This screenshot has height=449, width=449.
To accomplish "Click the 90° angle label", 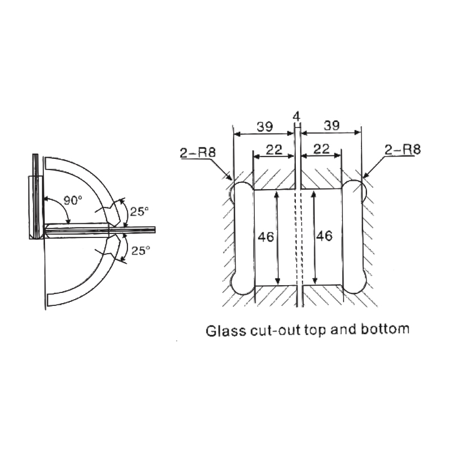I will [x=72, y=200].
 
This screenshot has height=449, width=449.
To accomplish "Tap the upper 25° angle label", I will [x=140, y=212].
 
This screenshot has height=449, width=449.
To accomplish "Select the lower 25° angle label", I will [x=140, y=251].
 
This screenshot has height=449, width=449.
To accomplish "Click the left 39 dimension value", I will [x=265, y=126].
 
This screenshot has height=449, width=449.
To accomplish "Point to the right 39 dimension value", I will [x=331, y=126].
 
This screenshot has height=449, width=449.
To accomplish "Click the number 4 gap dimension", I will [x=297, y=116].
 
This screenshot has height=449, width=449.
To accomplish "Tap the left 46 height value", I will [x=267, y=237].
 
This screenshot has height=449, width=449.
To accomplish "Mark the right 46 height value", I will [x=325, y=237].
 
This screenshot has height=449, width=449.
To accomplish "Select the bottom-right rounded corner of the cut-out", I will [x=356, y=283].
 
